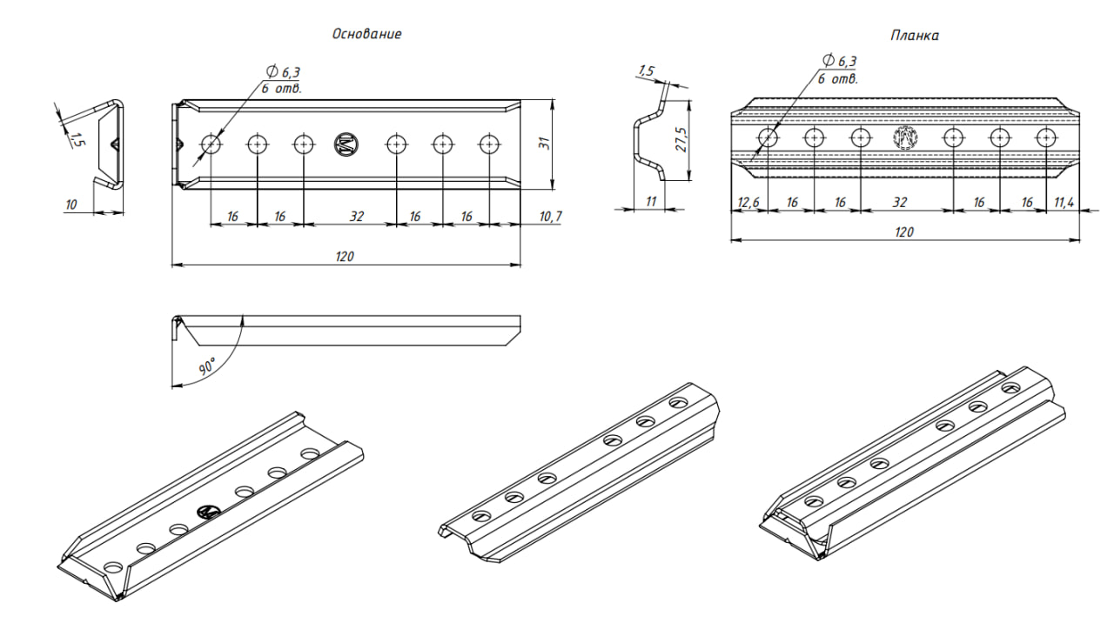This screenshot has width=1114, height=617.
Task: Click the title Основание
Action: (x=366, y=34)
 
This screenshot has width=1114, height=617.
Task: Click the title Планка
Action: (x=914, y=36)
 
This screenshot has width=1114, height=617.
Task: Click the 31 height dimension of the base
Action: (x=544, y=144)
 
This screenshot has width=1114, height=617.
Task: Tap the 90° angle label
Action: (x=206, y=367)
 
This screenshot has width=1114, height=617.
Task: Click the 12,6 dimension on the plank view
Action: (x=748, y=202)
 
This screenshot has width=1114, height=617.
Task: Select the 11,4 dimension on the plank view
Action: (x=1064, y=202)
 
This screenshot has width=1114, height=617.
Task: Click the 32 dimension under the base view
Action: (x=356, y=216)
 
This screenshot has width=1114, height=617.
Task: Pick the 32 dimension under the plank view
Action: (x=900, y=202)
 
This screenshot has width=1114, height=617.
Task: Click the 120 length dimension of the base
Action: (x=346, y=257)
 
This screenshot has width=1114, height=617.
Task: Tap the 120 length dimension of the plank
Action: (x=904, y=231)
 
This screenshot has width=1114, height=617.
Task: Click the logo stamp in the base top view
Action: (x=346, y=144)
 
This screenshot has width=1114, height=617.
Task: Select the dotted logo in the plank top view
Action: (x=906, y=137)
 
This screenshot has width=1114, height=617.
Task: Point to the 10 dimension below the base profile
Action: (x=71, y=204)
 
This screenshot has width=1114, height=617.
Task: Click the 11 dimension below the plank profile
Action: (x=650, y=201)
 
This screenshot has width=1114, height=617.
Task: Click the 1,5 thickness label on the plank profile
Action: (x=646, y=70)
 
